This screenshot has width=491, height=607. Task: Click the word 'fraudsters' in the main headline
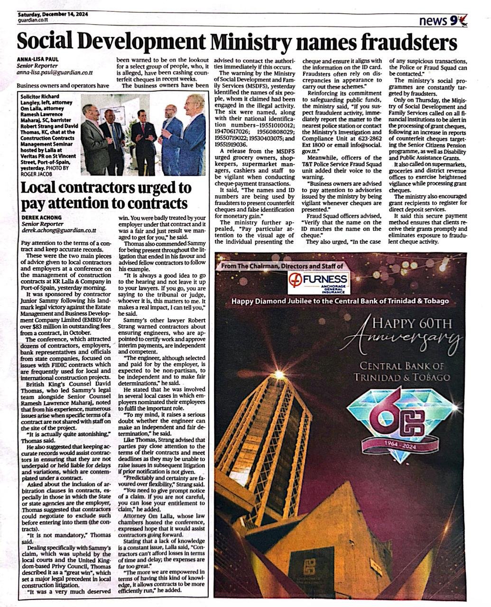(411, 43)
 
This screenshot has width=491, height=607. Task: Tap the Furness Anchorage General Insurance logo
(319, 283)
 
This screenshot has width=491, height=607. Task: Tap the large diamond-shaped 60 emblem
(396, 418)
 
